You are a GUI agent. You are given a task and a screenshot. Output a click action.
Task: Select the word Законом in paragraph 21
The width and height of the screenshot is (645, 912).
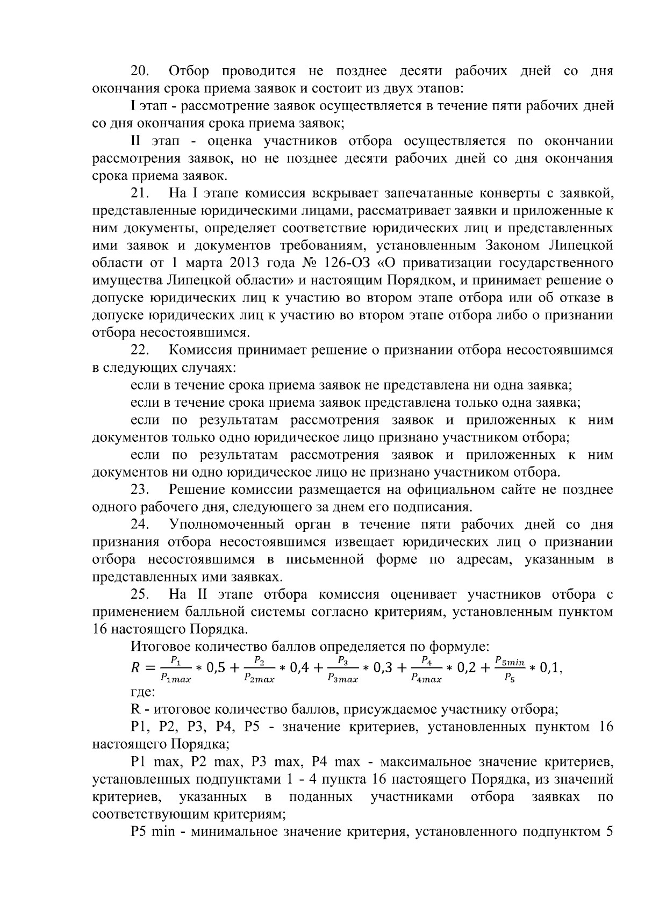[514, 246]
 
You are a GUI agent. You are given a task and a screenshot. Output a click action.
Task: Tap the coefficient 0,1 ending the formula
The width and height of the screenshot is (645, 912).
[550, 668]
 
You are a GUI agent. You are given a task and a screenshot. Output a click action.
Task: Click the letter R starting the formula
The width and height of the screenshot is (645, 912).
[136, 668]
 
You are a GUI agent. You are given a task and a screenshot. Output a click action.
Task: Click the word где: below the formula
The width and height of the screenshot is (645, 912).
[143, 692]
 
